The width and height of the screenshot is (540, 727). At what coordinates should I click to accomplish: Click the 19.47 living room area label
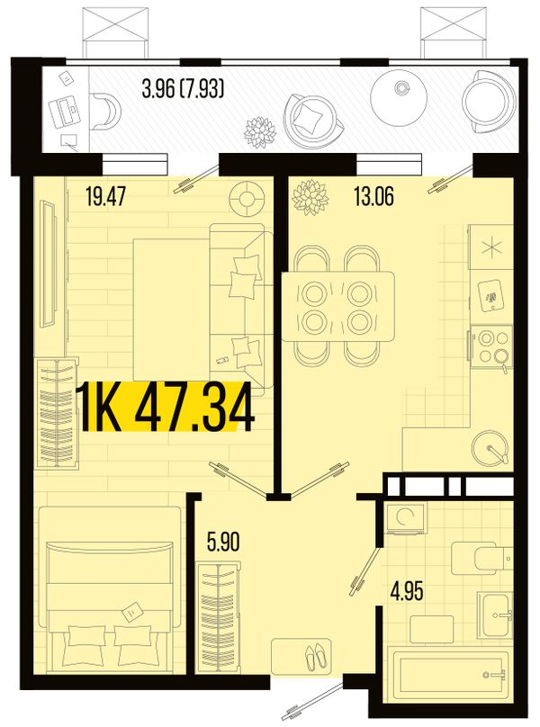pos(106,196)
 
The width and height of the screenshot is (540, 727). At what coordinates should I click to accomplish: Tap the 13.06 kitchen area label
pos(373,196)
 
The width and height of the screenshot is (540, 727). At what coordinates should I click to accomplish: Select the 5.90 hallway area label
pos(223,543)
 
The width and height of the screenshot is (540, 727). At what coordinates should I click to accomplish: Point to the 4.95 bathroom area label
pos(407,592)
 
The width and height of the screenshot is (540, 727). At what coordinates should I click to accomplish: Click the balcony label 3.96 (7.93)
pos(184,88)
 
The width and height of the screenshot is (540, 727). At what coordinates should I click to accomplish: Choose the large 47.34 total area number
pos(194,408)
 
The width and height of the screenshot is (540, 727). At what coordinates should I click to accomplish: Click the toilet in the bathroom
pos(481,556)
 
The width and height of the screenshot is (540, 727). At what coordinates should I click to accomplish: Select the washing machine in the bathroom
pos(406,518)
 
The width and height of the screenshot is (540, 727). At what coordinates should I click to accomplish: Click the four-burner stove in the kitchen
pos(490,346)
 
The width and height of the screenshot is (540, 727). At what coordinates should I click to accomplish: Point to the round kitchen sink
pos(490,448)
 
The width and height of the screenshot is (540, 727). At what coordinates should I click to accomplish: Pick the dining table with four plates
pos(338,307)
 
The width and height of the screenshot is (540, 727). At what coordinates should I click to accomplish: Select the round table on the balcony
pos(399,97)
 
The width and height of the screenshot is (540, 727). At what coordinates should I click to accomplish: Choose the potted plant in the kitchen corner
pos(310,197)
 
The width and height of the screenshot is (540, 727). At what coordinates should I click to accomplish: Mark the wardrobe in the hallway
pos(218,617)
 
